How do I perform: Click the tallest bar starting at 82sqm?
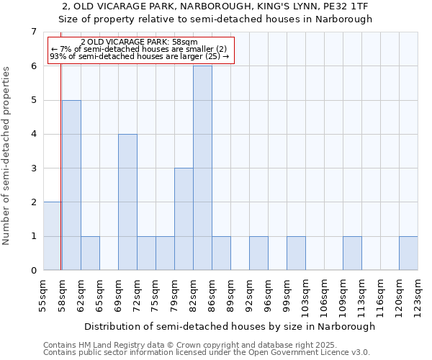point(202,168)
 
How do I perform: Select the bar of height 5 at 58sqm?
point(71,185)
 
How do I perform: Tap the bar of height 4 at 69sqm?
point(127,202)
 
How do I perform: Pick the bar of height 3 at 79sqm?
point(184,219)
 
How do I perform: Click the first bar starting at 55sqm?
point(52,236)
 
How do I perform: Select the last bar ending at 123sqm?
point(408,253)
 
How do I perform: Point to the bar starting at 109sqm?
point(352,253)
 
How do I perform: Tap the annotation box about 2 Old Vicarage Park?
point(141,50)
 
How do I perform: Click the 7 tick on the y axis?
point(33,32)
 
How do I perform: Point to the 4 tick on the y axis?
point(33,134)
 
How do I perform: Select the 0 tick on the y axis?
point(33,271)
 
